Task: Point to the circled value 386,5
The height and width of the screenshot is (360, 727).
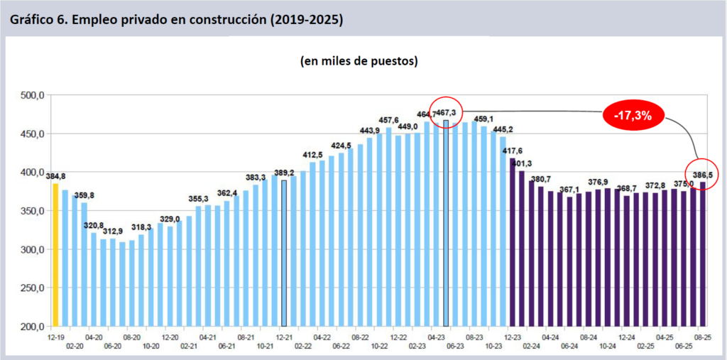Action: pyautogui.click(x=702, y=174)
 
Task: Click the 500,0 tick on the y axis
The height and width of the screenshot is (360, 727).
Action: pyautogui.click(x=34, y=95)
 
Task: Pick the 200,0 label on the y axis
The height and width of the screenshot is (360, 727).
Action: pyautogui.click(x=34, y=327)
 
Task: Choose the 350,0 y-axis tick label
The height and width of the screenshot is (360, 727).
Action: pyautogui.click(x=34, y=211)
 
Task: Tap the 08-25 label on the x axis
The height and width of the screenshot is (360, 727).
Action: pyautogui.click(x=702, y=338)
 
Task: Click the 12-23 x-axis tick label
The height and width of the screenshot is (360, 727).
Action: pyautogui.click(x=510, y=338)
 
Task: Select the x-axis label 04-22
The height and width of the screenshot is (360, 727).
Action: pyautogui.click(x=322, y=338)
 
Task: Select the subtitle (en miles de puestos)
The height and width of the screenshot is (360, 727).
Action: pyautogui.click(x=359, y=61)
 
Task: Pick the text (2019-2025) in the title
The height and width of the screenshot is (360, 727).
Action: pyautogui.click(x=305, y=19)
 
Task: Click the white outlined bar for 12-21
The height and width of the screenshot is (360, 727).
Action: pyautogui.click(x=284, y=253)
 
